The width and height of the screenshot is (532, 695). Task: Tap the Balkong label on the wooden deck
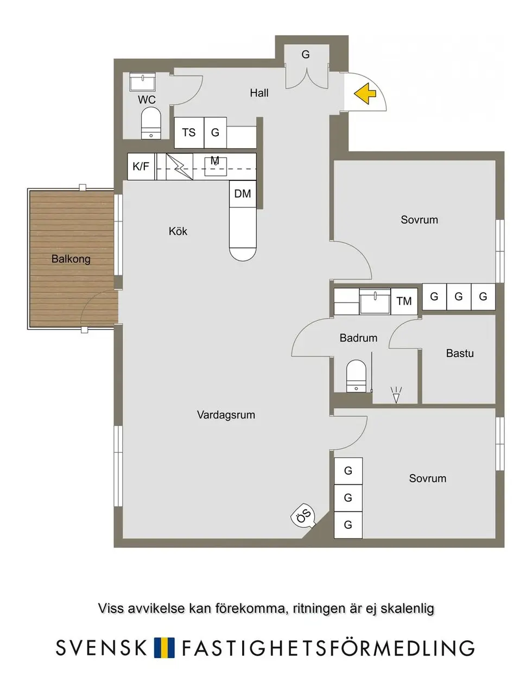[71, 258]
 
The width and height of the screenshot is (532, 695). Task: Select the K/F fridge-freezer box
[141, 166]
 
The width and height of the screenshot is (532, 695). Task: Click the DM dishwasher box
[243, 193]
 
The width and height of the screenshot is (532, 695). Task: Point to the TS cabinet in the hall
[189, 132]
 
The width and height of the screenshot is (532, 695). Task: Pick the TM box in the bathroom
[404, 301]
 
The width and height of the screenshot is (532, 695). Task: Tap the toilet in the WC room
[150, 123]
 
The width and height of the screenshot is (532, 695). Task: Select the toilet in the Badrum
[356, 376]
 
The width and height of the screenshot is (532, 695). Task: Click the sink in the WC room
[143, 82]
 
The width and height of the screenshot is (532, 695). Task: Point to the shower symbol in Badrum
[396, 395]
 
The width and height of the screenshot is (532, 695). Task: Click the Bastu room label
[460, 353]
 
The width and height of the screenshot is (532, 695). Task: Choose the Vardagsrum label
[226, 415]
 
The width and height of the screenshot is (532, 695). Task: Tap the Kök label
[178, 231]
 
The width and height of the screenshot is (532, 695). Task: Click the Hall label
[259, 93]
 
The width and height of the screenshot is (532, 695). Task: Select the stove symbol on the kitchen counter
[179, 166]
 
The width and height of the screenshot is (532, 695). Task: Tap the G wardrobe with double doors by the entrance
[307, 67]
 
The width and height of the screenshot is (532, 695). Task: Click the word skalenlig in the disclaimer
[407, 609]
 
